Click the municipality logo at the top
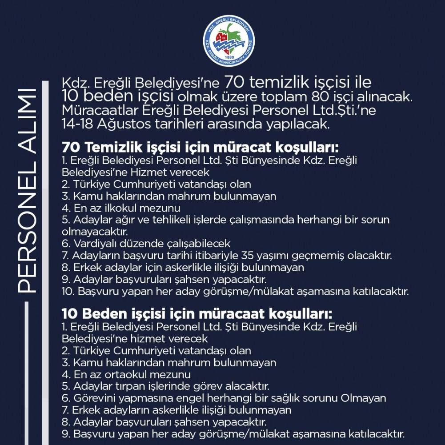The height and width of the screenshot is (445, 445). point(229,41)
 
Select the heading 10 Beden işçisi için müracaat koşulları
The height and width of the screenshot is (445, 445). point(197,314)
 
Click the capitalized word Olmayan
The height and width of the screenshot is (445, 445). point(364,398)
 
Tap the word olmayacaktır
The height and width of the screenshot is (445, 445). point(95,232)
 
